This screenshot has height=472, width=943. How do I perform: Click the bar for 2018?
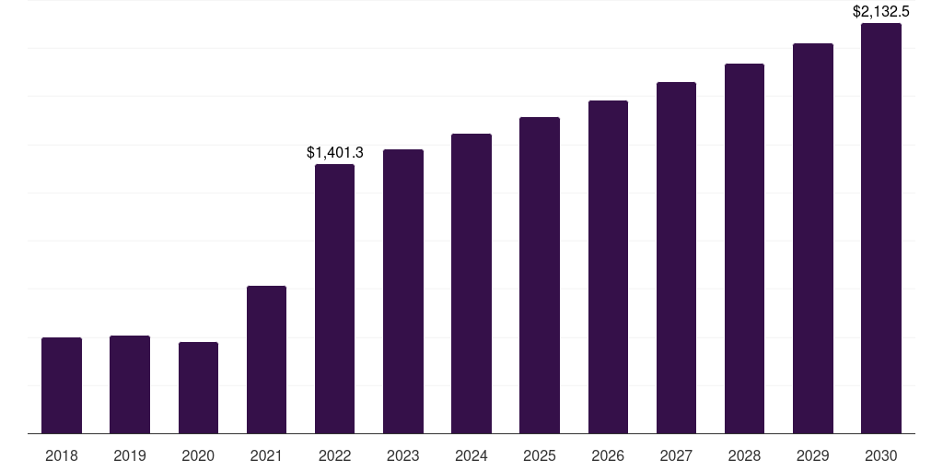[62, 385]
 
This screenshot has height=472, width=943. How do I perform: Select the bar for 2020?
[198, 388]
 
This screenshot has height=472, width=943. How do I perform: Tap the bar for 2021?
[266, 360]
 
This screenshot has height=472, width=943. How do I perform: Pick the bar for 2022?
[334, 299]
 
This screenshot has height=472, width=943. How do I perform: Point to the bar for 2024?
[471, 284]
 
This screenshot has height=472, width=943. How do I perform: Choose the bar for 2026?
[608, 266]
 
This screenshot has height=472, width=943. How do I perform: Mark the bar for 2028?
[744, 249]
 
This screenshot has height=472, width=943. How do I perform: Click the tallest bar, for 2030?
[881, 229]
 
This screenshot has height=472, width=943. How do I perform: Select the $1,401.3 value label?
[335, 153]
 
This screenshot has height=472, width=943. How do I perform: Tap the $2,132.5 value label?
[881, 11]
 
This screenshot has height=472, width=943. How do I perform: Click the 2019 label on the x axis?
[130, 455]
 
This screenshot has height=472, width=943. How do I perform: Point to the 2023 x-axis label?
[403, 455]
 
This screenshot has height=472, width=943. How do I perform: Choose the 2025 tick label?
[540, 455]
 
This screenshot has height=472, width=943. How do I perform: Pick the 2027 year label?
[676, 455]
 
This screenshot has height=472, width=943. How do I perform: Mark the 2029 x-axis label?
[812, 455]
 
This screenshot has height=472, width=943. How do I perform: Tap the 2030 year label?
[881, 455]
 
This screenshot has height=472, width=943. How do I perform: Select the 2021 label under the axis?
[266, 455]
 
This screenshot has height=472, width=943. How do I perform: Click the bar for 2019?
[130, 384]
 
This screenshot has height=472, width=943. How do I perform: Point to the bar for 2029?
[813, 239]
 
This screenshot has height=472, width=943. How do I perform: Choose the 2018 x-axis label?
[62, 455]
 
